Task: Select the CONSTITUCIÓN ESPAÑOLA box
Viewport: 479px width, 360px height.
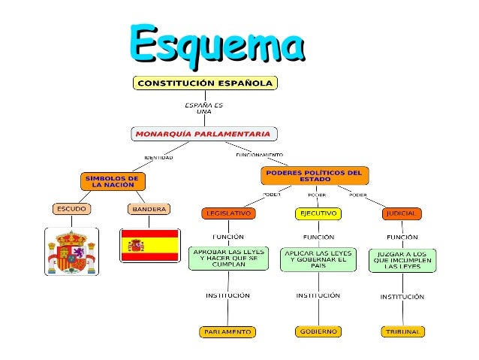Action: [x=204, y=83]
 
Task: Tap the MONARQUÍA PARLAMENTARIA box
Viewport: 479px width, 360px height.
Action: [x=204, y=135]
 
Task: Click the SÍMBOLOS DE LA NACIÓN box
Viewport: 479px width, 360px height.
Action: [x=113, y=181]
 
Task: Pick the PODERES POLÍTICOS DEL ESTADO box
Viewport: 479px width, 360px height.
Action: [x=315, y=176]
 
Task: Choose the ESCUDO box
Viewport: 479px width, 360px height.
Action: [x=72, y=208]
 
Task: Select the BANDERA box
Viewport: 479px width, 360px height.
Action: [x=149, y=208]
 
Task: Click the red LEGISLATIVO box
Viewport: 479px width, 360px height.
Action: [x=228, y=213]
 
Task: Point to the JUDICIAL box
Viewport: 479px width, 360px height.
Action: [x=401, y=213]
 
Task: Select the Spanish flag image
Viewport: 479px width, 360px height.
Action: [x=149, y=245]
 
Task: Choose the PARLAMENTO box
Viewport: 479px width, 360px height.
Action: [x=227, y=331]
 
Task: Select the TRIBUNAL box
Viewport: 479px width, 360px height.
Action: [x=402, y=331]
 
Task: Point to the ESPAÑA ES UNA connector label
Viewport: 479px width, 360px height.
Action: [x=203, y=107]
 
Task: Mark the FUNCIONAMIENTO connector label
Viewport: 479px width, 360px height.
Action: [x=259, y=153]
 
